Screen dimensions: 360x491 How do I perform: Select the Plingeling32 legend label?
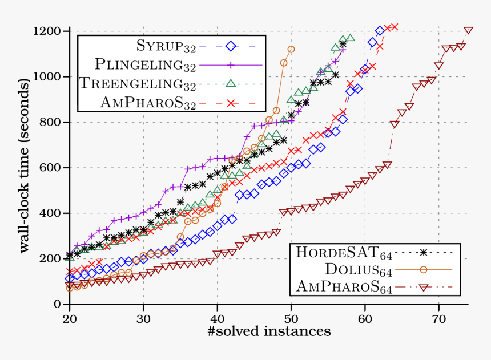coord(146,64)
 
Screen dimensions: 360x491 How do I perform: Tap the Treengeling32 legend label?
coord(138,84)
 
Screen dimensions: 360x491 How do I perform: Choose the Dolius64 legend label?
coord(359,269)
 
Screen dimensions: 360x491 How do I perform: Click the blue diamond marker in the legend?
coord(231,46)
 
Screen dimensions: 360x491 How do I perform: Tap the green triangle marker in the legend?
coord(231,83)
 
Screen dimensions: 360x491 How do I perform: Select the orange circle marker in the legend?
coord(423,269)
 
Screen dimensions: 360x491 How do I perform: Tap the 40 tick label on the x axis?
coord(217,317)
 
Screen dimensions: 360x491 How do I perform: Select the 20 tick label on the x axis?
coord(70,317)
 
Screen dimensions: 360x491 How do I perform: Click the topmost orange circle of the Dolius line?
coord(291,50)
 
